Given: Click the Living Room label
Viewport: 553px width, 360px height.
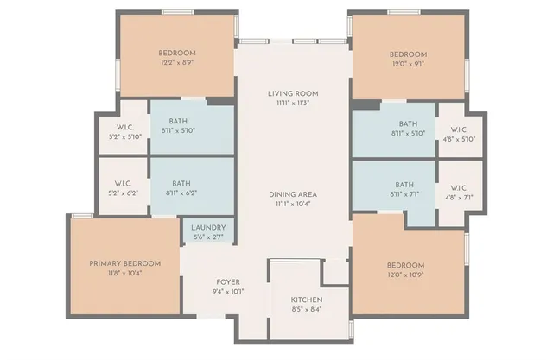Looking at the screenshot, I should [x=294, y=93].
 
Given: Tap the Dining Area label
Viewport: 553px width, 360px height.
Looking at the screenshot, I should [x=294, y=194].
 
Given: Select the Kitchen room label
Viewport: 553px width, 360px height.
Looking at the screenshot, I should [x=307, y=300].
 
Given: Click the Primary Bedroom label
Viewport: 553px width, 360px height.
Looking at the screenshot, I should [x=125, y=263].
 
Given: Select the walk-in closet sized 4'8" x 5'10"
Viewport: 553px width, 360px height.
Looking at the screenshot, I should [x=458, y=133].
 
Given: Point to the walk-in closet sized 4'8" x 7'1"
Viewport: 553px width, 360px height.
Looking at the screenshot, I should [x=458, y=191].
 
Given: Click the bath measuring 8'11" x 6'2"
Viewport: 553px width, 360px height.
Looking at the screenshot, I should [x=181, y=188].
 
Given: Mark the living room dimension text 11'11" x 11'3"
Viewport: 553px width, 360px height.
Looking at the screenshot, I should [x=294, y=103].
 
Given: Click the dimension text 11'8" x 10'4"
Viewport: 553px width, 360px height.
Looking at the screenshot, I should [x=125, y=273].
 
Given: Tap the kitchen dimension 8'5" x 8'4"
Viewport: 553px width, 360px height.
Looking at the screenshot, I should [x=307, y=309].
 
